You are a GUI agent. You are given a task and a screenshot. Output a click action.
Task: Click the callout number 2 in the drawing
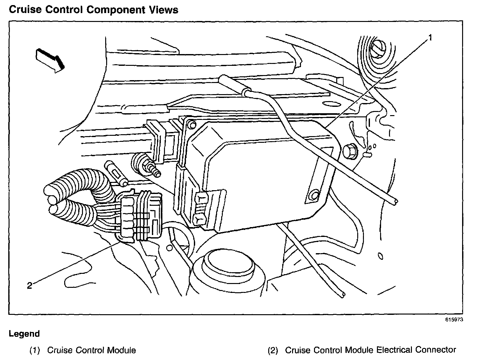click(30, 286)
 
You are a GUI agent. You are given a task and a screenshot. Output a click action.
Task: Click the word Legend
click(24, 334)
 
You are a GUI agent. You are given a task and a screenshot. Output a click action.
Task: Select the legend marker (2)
click(272, 350)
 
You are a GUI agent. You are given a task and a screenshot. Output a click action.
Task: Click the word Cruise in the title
click(24, 10)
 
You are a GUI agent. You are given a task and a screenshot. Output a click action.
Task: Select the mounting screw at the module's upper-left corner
click(191, 125)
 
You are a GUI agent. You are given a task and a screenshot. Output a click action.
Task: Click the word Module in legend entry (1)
click(121, 350)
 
